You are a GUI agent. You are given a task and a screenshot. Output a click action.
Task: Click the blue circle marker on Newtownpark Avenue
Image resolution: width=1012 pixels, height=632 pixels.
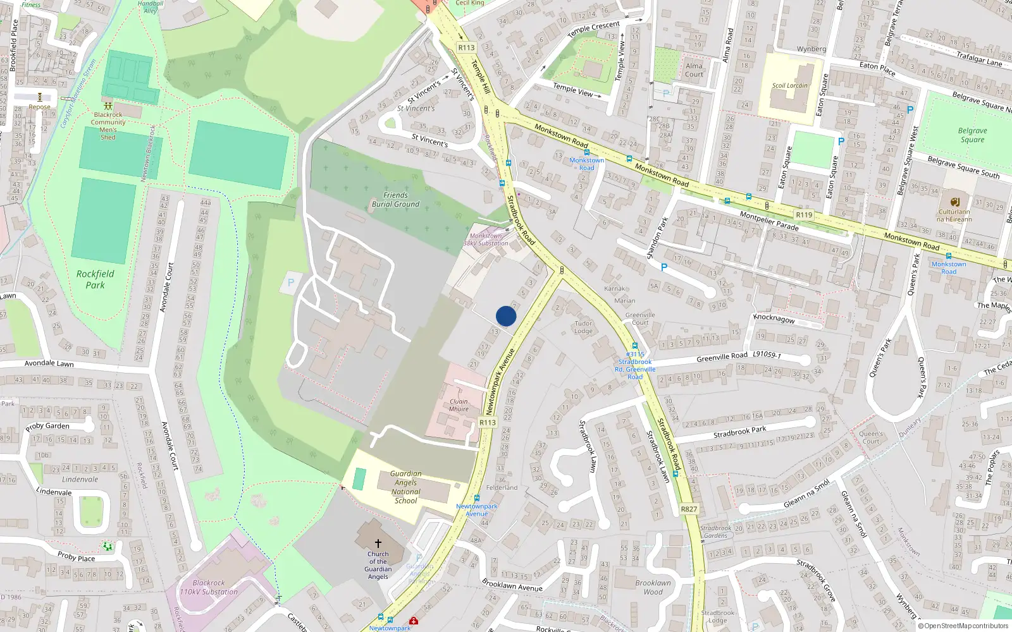pos(506,316)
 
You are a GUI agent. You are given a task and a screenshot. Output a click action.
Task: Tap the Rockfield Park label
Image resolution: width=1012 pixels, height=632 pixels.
pos(96,279)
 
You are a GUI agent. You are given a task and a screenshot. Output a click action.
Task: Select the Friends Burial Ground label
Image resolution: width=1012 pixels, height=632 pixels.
pos(395,200)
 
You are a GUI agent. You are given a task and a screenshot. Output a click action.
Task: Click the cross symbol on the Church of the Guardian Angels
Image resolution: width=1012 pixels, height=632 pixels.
pos(378,543)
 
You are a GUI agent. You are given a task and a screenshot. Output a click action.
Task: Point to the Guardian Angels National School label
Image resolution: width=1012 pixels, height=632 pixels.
pos(405,487)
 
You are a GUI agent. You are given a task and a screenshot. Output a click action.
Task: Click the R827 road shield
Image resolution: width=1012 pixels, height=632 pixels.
pos(689,509)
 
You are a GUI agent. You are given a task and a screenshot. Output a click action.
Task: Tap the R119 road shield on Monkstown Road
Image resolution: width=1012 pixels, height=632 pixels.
pos(804,215)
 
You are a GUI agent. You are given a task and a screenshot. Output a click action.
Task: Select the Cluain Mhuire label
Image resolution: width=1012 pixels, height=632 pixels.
pos(459,405)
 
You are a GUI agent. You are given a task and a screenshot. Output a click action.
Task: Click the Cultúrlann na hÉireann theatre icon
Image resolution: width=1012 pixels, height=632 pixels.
pos(955,202)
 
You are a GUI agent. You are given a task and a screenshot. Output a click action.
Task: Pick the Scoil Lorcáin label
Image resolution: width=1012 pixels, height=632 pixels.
pos(789,85)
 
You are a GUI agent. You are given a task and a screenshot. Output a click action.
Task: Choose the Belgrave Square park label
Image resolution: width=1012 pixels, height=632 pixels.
pos(972,135)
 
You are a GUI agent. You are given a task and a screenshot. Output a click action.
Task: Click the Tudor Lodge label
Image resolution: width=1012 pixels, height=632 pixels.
pos(583,327)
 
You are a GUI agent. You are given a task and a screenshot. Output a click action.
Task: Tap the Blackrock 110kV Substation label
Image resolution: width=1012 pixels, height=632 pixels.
pos(209,588)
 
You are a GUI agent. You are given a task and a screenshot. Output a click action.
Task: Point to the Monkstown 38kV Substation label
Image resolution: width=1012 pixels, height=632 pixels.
pos(486,240)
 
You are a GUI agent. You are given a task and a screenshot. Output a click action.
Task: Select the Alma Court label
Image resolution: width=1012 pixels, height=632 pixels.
pos(694,70)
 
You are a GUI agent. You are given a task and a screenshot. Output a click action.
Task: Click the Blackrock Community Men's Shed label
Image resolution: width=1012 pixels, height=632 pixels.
pos(108,126)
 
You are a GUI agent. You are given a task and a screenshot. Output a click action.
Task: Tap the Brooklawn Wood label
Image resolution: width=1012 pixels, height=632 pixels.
pos(653,587)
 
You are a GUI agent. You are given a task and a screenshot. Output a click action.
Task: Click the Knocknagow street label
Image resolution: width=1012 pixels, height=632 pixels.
pos(774,319)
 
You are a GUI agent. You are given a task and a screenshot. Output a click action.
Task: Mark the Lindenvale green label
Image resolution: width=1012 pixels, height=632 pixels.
pos(80,479)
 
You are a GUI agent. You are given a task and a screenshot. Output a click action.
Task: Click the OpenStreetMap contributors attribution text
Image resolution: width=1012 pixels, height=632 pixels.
pos(966,626)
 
